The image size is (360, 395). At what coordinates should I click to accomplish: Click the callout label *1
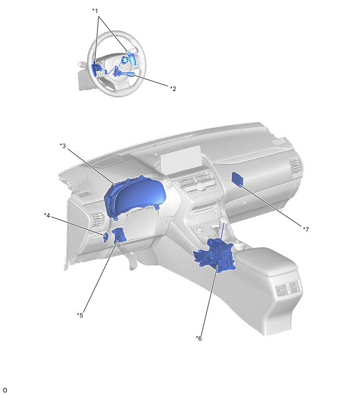tap(95, 11)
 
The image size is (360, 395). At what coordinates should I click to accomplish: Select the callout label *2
tap(173, 88)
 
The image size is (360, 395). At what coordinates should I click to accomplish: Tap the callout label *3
tap(63, 145)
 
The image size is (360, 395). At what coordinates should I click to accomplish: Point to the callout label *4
tap(47, 216)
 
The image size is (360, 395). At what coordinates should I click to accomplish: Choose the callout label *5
tap(80, 315)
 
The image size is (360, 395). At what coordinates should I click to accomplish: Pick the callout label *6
tap(199, 338)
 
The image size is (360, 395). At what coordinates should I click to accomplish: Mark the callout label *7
tap(306, 230)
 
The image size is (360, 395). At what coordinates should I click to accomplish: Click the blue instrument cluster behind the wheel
tap(135, 197)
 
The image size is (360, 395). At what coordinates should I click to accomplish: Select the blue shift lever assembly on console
tap(215, 254)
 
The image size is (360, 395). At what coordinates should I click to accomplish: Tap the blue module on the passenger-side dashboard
tap(238, 179)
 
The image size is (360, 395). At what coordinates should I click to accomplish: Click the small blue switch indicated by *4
tap(106, 238)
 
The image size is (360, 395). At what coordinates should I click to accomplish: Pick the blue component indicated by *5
tap(120, 235)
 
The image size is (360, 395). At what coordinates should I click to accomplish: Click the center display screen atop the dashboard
tap(181, 156)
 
